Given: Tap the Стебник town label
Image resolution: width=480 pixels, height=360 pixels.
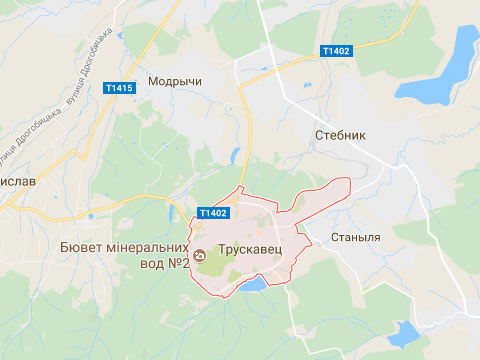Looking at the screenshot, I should tap(341, 134).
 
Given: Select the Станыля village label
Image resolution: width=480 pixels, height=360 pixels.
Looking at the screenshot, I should tap(354, 238).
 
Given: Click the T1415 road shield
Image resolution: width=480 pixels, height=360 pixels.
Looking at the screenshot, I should tap(119, 89).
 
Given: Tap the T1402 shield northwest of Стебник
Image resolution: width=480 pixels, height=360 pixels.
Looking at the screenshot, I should tap(336, 51).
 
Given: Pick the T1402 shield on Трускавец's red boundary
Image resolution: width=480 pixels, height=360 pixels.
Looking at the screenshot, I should tap(213, 213).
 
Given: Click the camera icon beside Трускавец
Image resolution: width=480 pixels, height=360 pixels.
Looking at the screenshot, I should tap(200, 254).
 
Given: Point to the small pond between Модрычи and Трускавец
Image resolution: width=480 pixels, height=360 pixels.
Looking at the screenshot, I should tap(236, 157).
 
